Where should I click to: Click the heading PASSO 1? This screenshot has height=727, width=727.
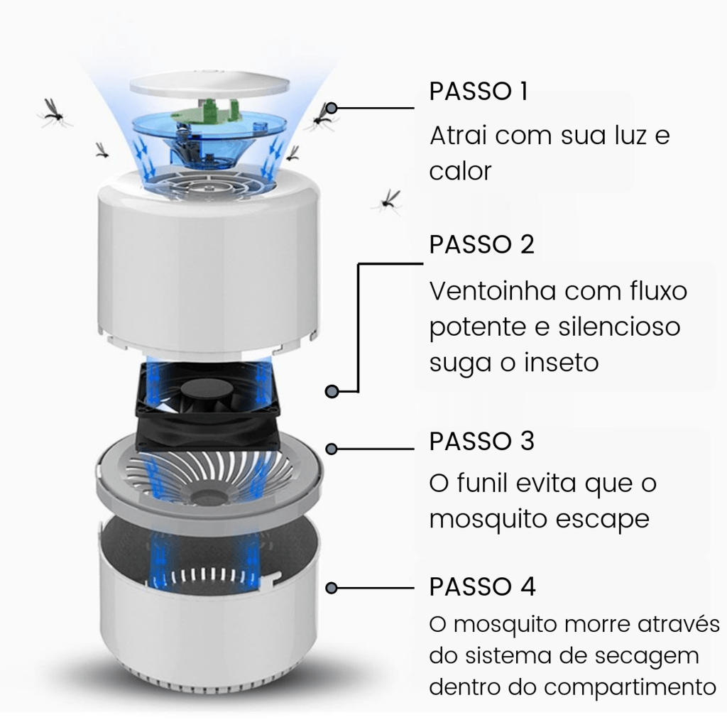tap(479, 91)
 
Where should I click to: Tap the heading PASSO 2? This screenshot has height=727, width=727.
tap(482, 244)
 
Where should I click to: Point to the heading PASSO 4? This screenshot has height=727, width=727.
tap(482, 586)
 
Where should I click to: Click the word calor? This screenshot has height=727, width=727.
tap(460, 171)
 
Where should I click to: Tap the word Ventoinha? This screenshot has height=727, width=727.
tap(493, 290)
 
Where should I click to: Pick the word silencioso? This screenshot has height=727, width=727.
tap(619, 326)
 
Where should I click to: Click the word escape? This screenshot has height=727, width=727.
tap(602, 519)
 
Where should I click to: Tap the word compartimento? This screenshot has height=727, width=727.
tap(630, 687)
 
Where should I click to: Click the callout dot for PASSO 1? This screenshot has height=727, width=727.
tap(332, 108)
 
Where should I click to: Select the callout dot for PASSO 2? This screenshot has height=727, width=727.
tap(332, 392)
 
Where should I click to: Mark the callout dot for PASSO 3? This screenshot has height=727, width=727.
tap(332, 449)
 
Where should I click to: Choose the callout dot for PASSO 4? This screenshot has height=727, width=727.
tap(332, 588)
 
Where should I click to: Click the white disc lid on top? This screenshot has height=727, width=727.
tap(209, 84)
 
